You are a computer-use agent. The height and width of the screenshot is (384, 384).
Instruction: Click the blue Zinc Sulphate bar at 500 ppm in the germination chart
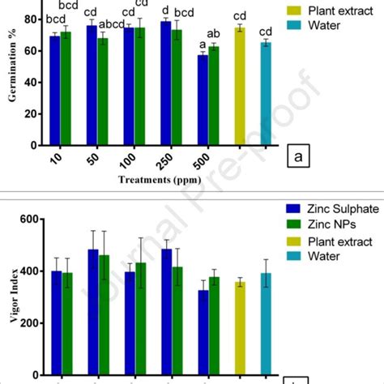click(x=203, y=100)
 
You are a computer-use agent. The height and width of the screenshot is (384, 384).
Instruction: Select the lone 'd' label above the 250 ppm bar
click(x=165, y=11)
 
